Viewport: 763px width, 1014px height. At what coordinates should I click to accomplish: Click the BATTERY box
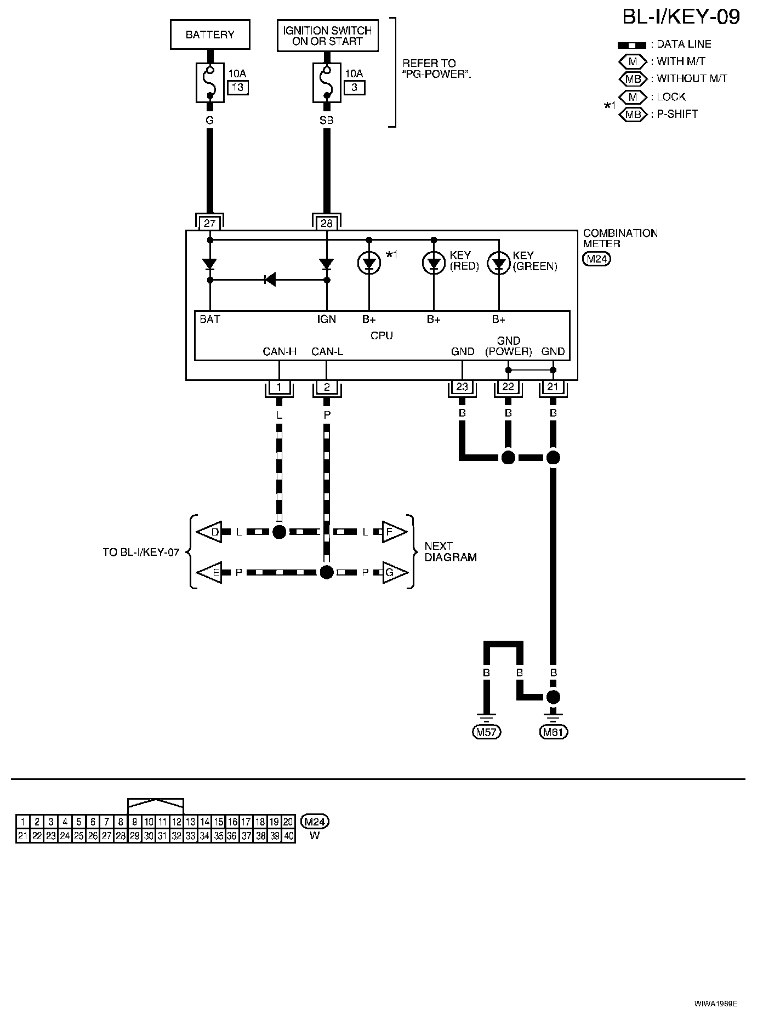pos(210,35)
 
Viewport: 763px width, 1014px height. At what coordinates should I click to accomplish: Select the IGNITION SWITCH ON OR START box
pos(327,36)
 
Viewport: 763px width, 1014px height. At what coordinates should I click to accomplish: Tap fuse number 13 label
pos(238,88)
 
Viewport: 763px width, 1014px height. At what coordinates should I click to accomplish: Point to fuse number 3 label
pos(355,88)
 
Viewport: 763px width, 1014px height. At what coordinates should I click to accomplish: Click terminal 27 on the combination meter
pos(210,223)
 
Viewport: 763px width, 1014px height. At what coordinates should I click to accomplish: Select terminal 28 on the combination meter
pos(327,223)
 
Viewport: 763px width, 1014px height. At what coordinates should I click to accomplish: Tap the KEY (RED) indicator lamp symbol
pos(434,264)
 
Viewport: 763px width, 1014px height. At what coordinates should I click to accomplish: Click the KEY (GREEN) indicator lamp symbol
pos(499,264)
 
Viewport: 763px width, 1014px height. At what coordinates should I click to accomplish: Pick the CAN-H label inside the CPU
pos(280,351)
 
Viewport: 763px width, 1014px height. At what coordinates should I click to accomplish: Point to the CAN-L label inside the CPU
pos(327,351)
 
